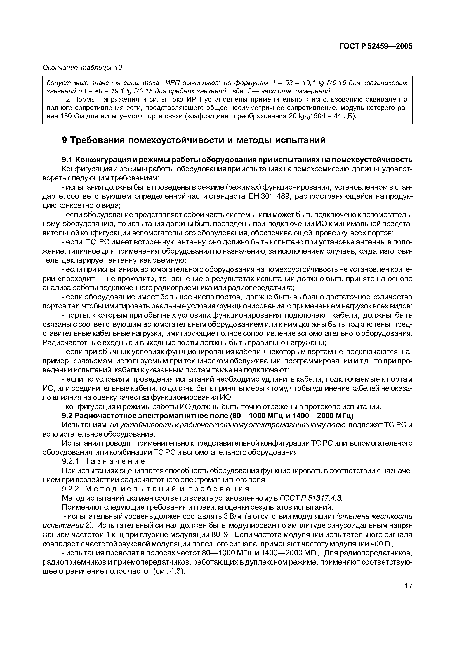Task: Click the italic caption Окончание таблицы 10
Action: (x=82, y=68)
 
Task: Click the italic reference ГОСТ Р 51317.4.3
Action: (x=311, y=498)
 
